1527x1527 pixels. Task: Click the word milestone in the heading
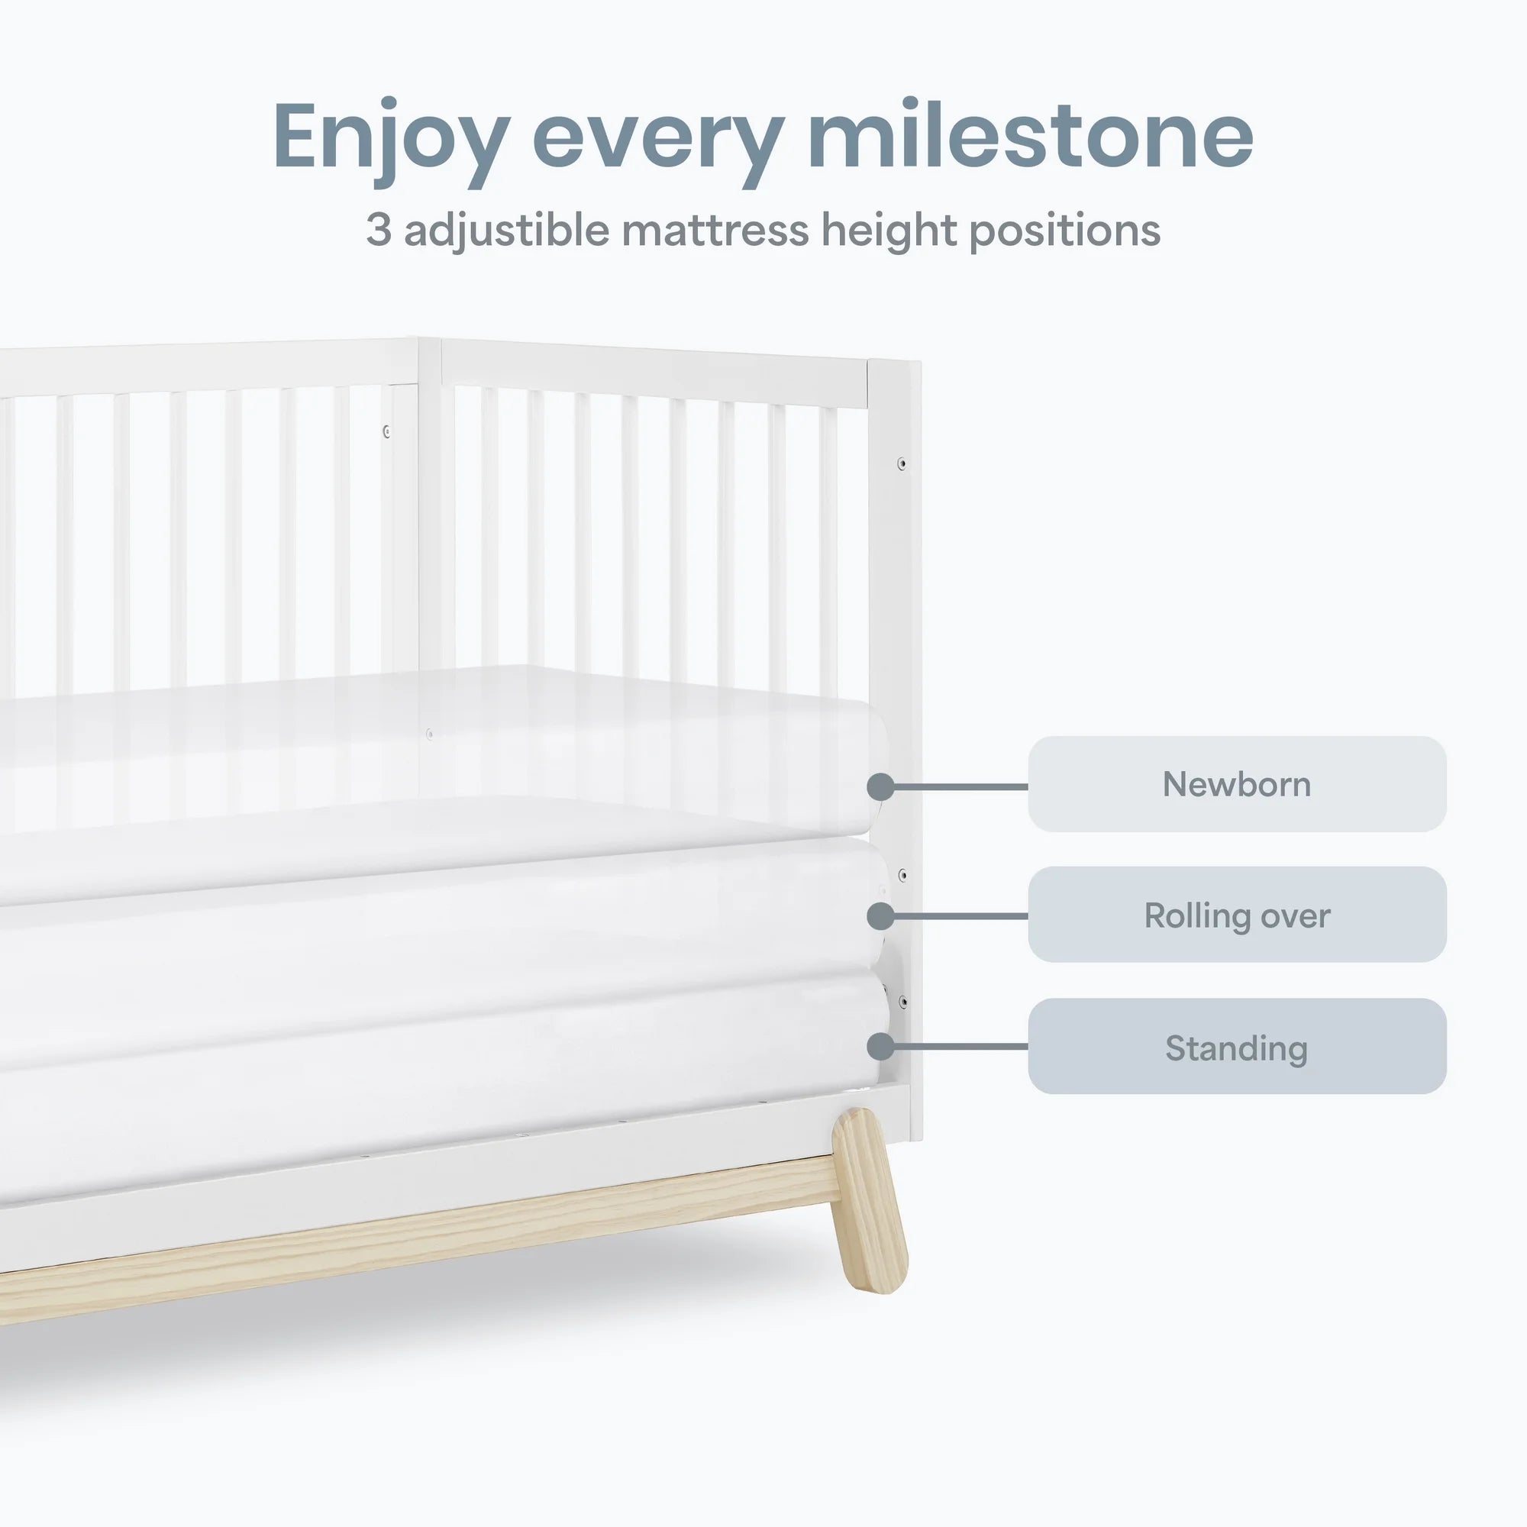pyautogui.click(x=1030, y=136)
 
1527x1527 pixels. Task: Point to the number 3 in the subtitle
pyautogui.click(x=379, y=230)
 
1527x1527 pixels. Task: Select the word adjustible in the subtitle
pyautogui.click(x=507, y=231)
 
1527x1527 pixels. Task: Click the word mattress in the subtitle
pyautogui.click(x=715, y=230)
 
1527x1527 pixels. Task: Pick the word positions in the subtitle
pyautogui.click(x=1064, y=231)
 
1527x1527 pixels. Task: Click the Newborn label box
pyautogui.click(x=1236, y=784)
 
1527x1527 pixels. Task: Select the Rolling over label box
pyautogui.click(x=1236, y=915)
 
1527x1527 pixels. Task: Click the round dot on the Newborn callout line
pyautogui.click(x=880, y=786)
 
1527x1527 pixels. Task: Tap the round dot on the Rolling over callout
pyautogui.click(x=880, y=916)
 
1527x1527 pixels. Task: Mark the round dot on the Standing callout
pyautogui.click(x=880, y=1047)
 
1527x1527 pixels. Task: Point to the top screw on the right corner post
pyautogui.click(x=902, y=464)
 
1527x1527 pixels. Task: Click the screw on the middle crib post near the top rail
pyautogui.click(x=386, y=431)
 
